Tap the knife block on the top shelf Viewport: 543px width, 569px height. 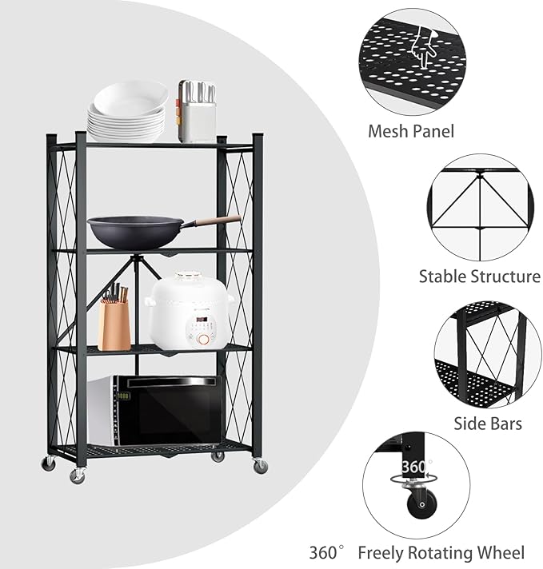tap(197, 111)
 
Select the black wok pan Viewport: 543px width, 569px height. tap(133, 231)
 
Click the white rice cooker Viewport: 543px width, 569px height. tap(189, 311)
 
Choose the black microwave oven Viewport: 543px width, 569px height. tap(155, 412)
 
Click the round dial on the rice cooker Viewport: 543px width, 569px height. tap(205, 338)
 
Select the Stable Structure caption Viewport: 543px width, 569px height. tap(480, 277)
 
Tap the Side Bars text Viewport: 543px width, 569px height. tap(488, 423)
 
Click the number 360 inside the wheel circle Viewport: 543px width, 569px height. tap(415, 467)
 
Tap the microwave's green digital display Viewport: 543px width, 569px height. tap(124, 396)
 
